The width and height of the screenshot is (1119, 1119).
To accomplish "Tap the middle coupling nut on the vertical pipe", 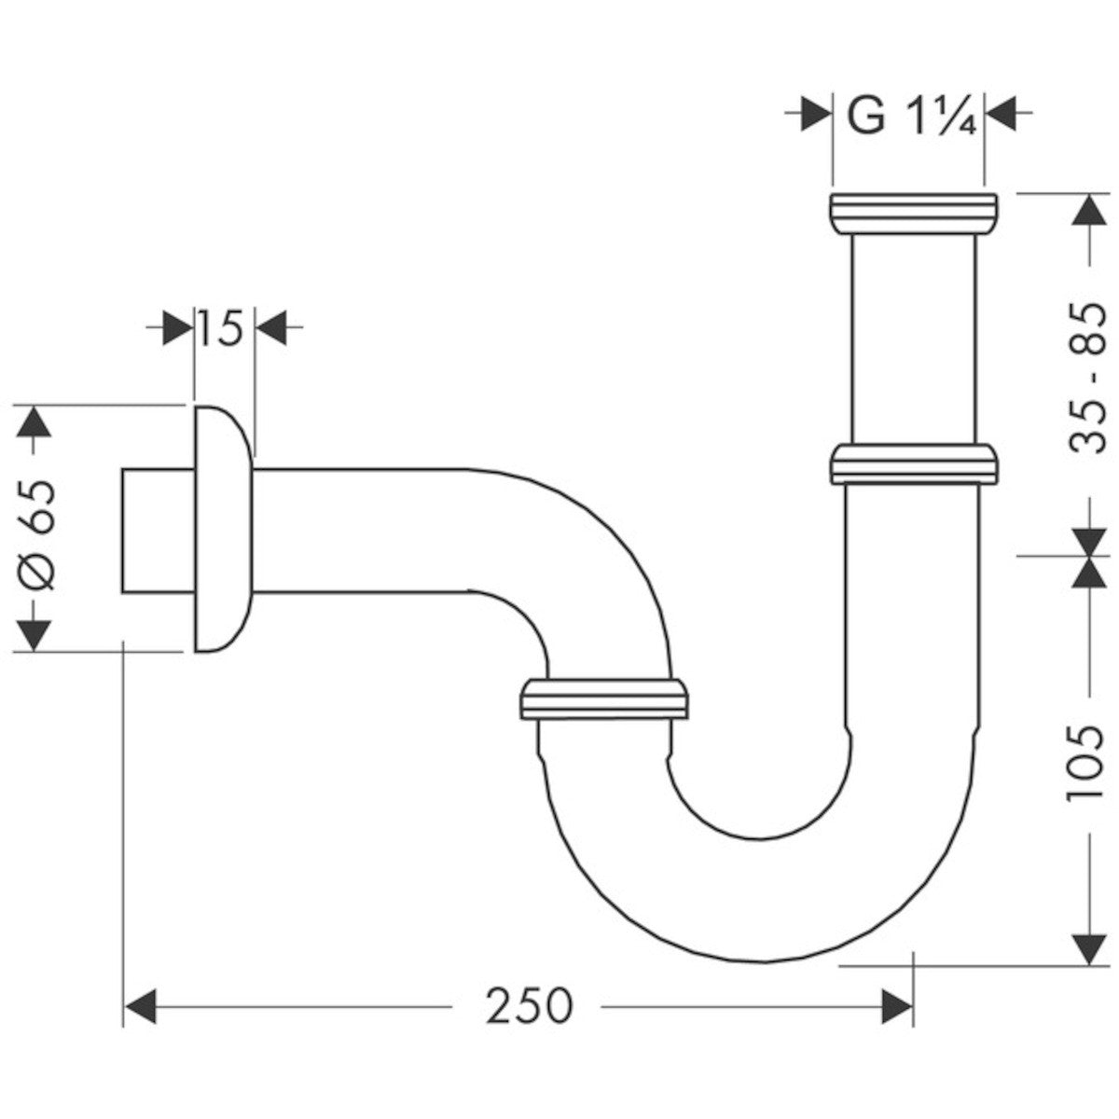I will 913,465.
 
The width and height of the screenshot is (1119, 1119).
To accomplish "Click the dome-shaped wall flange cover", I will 223,529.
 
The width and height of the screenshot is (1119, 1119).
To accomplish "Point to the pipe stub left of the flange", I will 158,531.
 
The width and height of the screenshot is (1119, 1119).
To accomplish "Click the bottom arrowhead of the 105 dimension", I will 1086,948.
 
